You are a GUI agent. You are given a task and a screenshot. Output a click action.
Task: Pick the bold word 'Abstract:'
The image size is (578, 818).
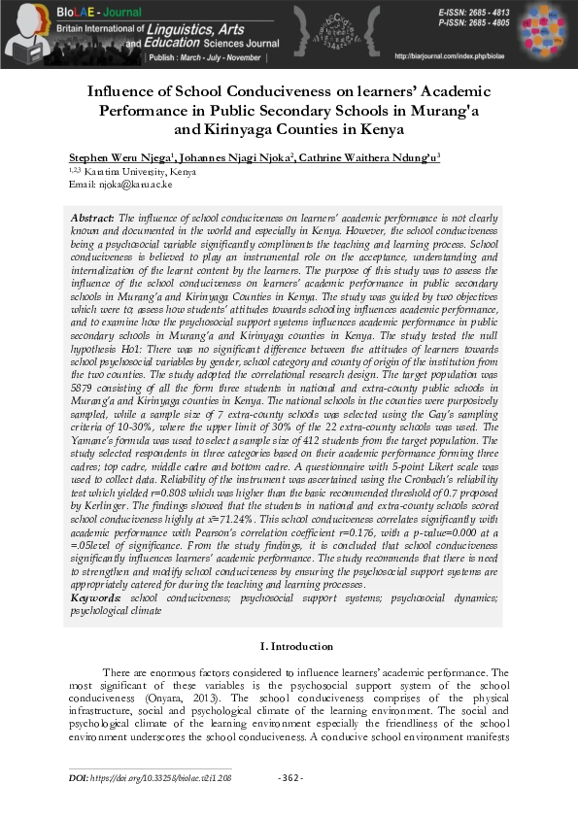(93, 218)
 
